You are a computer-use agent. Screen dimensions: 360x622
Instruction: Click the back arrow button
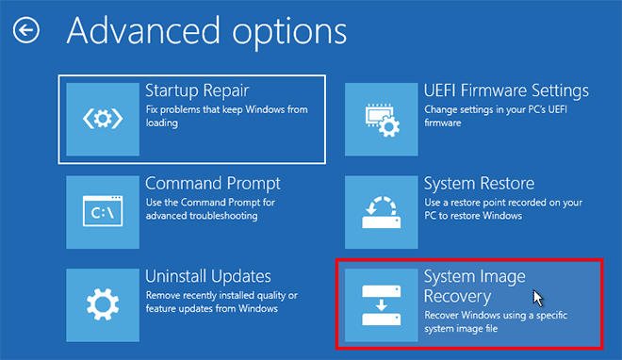pos(25,31)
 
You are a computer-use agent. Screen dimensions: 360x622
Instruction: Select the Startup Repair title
pos(197,91)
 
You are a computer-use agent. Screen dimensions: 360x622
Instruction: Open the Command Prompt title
pos(213,184)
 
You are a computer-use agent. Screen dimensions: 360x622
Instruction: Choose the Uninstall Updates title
pos(208,276)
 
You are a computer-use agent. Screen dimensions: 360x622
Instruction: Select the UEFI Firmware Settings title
pos(506,91)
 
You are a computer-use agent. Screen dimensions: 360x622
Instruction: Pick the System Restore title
pos(479,184)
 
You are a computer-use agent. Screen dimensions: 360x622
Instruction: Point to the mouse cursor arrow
pos(538,298)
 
